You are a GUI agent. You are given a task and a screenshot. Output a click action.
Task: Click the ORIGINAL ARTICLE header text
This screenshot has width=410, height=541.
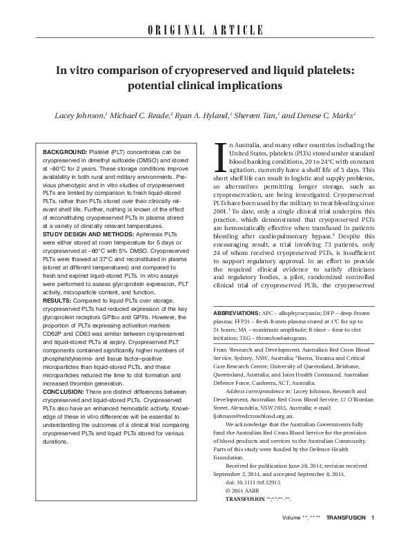[x=204, y=30]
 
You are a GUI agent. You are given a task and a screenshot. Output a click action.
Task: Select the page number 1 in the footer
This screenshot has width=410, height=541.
[x=373, y=535]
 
